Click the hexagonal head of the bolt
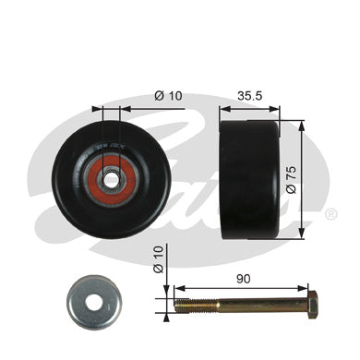311,303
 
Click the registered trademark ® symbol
330,213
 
